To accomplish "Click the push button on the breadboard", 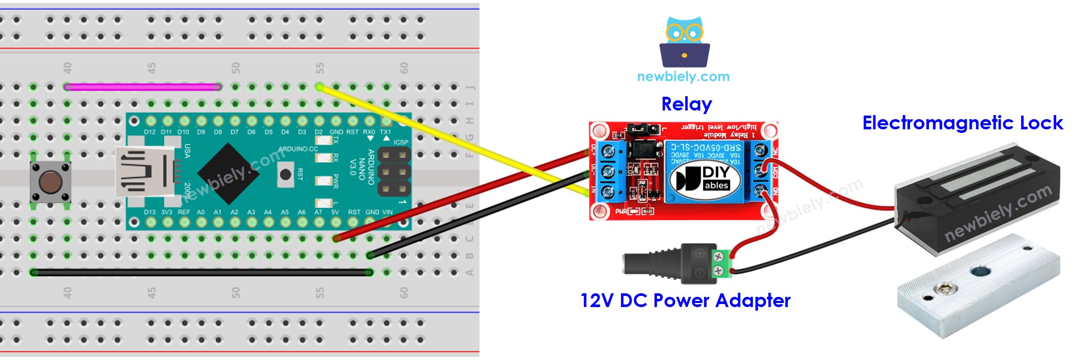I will [x=50, y=182].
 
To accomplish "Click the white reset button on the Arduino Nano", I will [x=286, y=175].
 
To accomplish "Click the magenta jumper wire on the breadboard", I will [x=143, y=87].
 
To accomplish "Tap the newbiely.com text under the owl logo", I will [x=683, y=77].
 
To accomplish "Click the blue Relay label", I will [x=686, y=104].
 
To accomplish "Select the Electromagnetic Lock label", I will [x=962, y=123].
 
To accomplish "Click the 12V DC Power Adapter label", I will [x=685, y=300].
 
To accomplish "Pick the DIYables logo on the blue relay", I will [x=703, y=179].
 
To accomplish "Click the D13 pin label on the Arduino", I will [x=150, y=212].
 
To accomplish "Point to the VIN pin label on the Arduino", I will [x=387, y=212].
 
